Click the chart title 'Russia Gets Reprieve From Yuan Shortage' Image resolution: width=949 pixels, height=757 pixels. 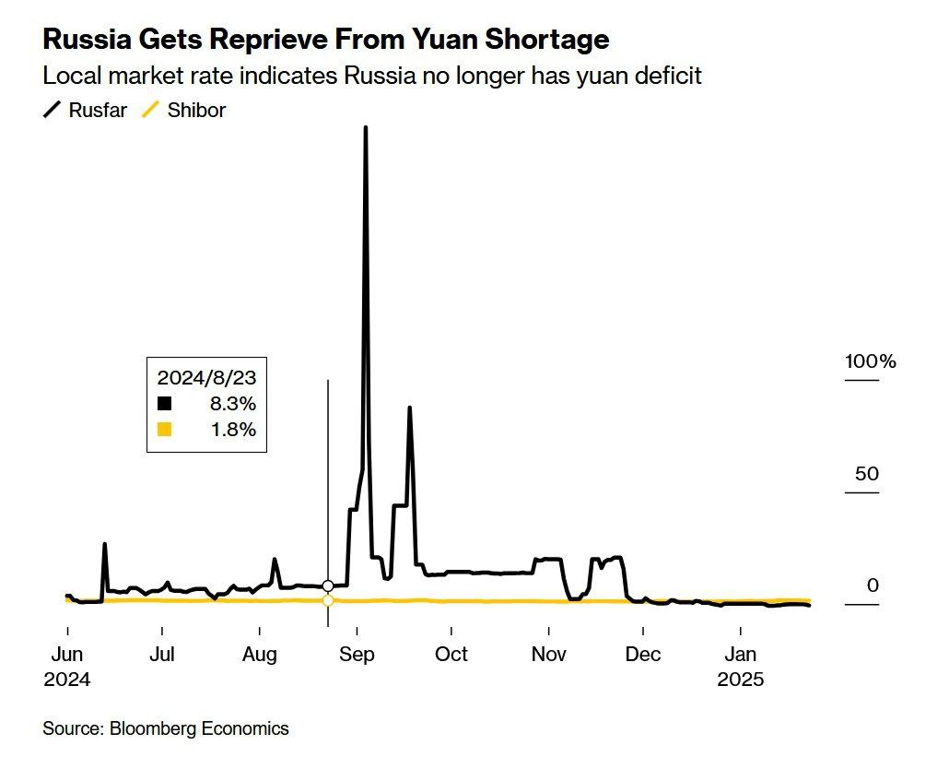(x=325, y=40)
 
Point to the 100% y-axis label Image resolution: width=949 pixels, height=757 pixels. (x=870, y=361)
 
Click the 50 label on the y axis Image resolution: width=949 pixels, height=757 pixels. (x=867, y=474)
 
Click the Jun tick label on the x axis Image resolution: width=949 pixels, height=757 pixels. (x=67, y=656)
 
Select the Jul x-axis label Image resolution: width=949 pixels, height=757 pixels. (x=162, y=656)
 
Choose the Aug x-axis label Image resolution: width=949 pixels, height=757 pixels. (x=260, y=656)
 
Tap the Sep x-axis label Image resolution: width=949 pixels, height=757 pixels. (x=357, y=656)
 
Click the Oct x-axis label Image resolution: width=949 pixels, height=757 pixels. (x=451, y=656)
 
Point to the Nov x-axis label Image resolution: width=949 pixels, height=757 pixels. (x=548, y=656)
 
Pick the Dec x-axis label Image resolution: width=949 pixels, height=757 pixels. (x=643, y=656)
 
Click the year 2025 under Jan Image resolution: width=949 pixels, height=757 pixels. (x=740, y=680)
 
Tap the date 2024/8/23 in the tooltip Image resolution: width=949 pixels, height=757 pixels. (x=206, y=377)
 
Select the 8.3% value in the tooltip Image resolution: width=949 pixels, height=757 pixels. (x=232, y=404)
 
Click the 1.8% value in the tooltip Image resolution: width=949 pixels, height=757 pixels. (x=232, y=430)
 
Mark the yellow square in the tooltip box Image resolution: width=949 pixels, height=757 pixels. (x=164, y=430)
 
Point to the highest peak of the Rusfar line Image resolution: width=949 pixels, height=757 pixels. (x=366, y=127)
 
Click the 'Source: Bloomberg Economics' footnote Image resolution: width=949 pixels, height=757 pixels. (x=166, y=728)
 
